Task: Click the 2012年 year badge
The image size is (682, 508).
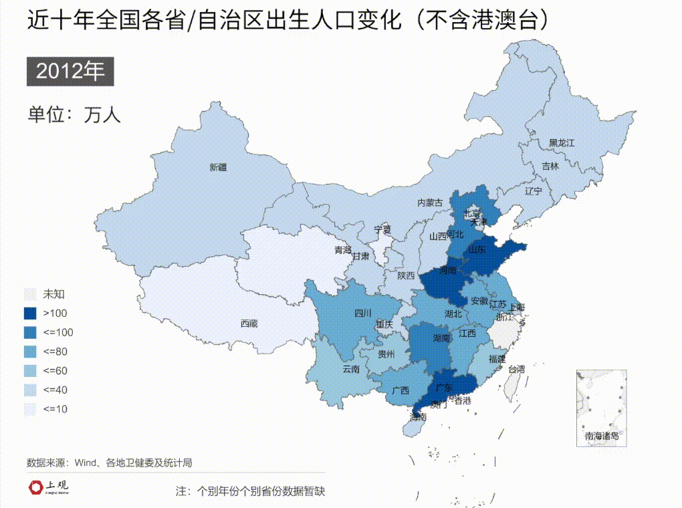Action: [70, 72]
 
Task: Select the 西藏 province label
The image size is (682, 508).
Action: [249, 324]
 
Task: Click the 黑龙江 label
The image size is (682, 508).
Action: [562, 142]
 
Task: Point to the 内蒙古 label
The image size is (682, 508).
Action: [430, 203]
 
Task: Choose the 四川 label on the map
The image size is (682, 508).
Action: [362, 313]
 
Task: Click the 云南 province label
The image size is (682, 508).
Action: [351, 368]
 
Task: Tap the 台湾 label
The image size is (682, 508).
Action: [517, 369]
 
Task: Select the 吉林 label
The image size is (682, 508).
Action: [550, 166]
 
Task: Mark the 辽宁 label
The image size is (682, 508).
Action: [534, 191]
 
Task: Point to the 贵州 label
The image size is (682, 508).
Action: [386, 354]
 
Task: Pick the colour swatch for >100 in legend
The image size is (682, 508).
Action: [31, 313]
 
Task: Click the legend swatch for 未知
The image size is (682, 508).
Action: [31, 293]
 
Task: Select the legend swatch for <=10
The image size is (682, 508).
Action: [31, 408]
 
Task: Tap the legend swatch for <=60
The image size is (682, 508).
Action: [31, 370]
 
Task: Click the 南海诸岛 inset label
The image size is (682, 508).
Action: [602, 436]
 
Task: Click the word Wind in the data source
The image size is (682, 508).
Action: [86, 462]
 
